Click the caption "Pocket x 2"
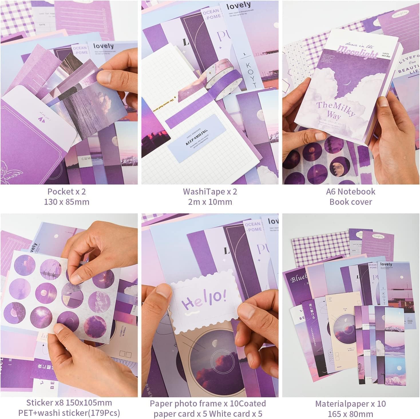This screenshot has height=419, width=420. pyautogui.click(x=66, y=191)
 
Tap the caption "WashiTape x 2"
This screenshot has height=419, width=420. pyautogui.click(x=210, y=191)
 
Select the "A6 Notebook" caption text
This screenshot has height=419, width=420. pyautogui.click(x=350, y=191)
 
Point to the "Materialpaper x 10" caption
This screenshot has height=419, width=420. pyautogui.click(x=350, y=404)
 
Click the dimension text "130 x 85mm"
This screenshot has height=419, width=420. pyautogui.click(x=66, y=202)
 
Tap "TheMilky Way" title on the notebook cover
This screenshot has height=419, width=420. pyautogui.click(x=335, y=110)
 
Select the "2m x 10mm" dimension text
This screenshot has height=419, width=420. pyautogui.click(x=210, y=202)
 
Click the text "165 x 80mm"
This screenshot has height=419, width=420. pyautogui.click(x=350, y=414)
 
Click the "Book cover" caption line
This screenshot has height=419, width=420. pyautogui.click(x=350, y=202)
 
